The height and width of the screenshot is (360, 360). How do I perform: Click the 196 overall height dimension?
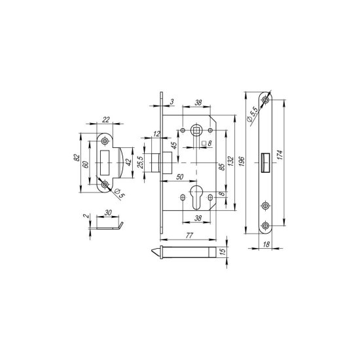[x=242, y=162]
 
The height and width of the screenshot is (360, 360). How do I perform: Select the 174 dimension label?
[x=279, y=155]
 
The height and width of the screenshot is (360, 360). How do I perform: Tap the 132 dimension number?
[x=230, y=161]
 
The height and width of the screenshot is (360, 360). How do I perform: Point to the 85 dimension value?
[x=222, y=167]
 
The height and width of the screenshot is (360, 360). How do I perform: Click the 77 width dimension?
[x=189, y=235]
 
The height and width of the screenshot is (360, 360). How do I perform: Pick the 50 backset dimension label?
[x=180, y=177]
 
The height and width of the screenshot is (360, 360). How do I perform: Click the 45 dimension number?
[x=174, y=145]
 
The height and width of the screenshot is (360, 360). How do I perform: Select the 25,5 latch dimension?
[x=141, y=162]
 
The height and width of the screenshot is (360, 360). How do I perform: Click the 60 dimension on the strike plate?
[x=85, y=164]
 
